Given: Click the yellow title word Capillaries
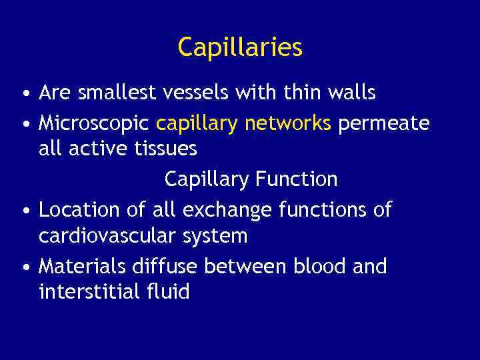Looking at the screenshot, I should point(240,47).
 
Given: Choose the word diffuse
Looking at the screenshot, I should point(163,267).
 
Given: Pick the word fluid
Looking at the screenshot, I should point(169,292).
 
